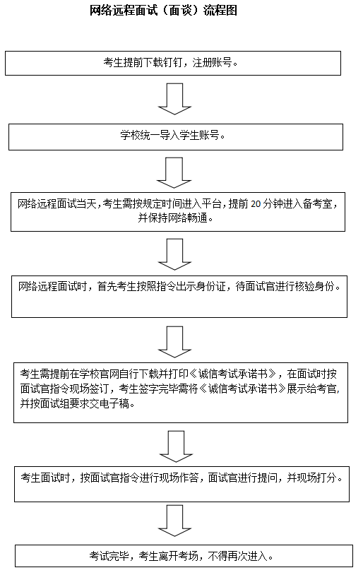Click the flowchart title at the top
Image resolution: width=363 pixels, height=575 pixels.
pos(163,10)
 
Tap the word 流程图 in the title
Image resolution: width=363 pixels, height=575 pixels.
pos(220,10)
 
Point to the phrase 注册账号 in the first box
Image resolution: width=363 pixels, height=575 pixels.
pos(213,63)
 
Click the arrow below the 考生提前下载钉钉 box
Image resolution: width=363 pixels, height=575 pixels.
pos(174,99)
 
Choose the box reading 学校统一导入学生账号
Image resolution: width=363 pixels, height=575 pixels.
pos(176,137)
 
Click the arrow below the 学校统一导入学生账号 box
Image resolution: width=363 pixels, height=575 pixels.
pos(174,173)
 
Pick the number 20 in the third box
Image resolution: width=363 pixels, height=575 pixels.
pos(256,204)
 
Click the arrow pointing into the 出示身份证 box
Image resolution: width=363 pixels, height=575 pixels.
pos(174,254)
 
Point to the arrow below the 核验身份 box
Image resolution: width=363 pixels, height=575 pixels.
pos(174,342)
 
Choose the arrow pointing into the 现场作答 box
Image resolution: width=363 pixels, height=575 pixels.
pos(176,446)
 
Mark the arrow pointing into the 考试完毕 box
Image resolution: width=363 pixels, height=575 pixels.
pos(174,521)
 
